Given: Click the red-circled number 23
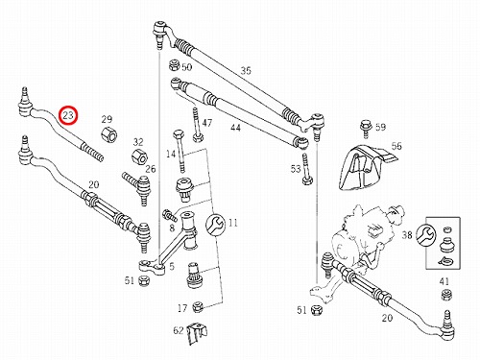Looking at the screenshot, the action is [x=68, y=115].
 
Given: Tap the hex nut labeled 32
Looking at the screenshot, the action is [x=139, y=156].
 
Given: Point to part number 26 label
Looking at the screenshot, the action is [x=150, y=169].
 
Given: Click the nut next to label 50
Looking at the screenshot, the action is [x=174, y=65].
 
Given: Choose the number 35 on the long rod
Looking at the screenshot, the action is [x=246, y=71].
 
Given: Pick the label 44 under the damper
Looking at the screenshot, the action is [x=235, y=128].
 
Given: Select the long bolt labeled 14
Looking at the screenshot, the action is [x=180, y=151].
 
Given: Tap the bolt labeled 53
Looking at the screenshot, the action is [x=306, y=170].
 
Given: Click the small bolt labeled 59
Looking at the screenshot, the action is [x=365, y=129].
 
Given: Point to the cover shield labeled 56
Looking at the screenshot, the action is [x=367, y=168].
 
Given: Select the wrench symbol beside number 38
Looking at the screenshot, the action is [x=427, y=234].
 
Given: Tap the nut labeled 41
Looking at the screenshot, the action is [x=446, y=295].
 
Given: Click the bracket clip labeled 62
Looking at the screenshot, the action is [x=196, y=333].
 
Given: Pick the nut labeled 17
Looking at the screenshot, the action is [x=198, y=307].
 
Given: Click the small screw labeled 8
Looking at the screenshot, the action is [x=170, y=214].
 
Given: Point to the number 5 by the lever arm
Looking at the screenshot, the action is [x=172, y=266].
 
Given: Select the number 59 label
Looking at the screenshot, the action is [x=380, y=127].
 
